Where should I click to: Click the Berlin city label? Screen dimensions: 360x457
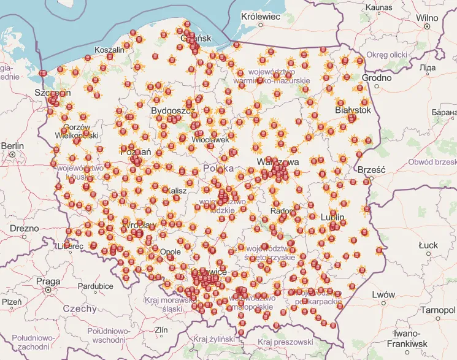click(x=12, y=146)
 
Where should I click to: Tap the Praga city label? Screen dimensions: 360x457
click(x=48, y=281)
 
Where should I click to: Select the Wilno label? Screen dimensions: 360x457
click(x=427, y=18)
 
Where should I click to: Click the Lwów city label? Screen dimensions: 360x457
click(x=383, y=295)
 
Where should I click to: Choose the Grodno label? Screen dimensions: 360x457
click(x=377, y=78)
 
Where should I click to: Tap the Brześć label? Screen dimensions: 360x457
click(x=371, y=169)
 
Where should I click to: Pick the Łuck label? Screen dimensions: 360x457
click(x=428, y=245)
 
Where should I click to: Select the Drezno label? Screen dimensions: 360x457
click(x=24, y=228)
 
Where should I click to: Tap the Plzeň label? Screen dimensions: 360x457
click(x=12, y=302)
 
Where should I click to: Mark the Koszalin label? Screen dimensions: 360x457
click(x=109, y=50)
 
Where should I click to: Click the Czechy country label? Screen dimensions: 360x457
click(x=80, y=308)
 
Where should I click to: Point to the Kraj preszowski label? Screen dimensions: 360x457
click(x=285, y=342)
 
